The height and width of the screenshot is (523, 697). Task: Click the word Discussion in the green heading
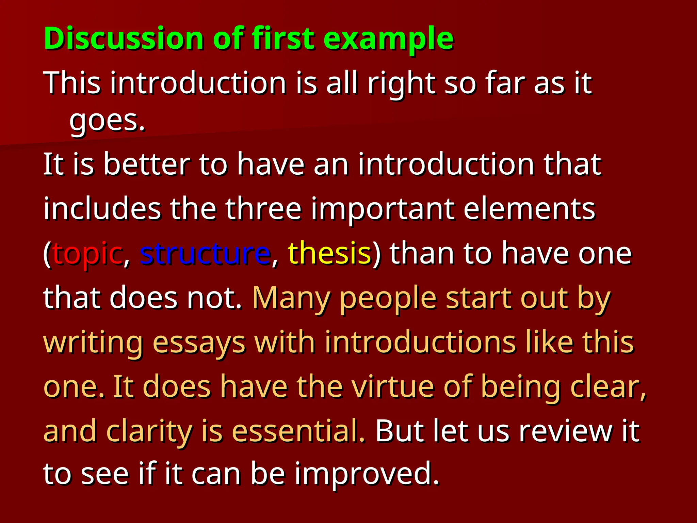click(124, 38)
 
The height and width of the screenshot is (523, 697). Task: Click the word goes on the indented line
click(107, 122)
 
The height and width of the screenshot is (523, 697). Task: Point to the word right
click(401, 84)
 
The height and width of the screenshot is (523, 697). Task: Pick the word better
click(147, 165)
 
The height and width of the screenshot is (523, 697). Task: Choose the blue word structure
click(205, 253)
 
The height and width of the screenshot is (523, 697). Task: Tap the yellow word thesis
click(329, 253)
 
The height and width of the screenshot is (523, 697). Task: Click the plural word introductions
click(420, 342)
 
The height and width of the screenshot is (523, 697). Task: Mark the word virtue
click(392, 387)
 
